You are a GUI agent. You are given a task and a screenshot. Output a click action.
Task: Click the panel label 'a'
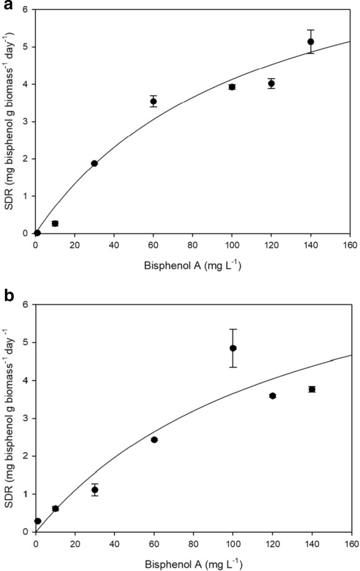click(x=6, y=6)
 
